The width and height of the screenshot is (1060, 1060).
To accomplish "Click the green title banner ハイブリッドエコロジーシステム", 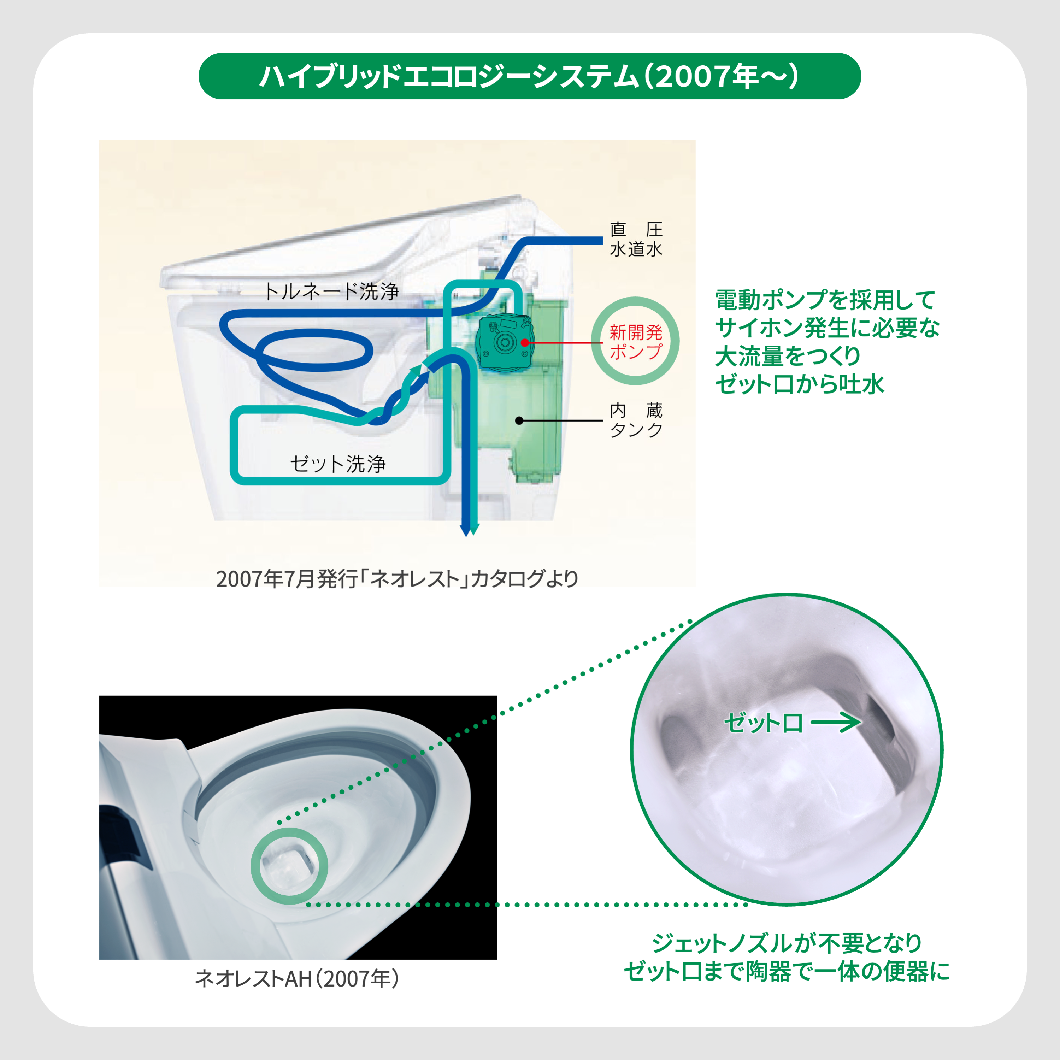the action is coord(529,76).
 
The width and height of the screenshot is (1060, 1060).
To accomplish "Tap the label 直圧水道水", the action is coord(636,239).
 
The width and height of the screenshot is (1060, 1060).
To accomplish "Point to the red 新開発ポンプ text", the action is coord(636,341).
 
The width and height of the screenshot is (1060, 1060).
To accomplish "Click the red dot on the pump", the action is coord(524,342).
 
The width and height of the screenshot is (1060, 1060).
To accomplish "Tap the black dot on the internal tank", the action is coord(519,421).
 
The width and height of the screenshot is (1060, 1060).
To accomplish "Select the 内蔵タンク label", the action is coord(636,420).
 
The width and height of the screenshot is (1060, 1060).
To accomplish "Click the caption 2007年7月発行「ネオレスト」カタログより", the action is coord(397,579).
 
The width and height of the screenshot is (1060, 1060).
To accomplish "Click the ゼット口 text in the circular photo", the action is coord(764,723).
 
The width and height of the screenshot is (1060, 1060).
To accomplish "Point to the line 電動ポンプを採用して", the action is coord(825,300).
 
